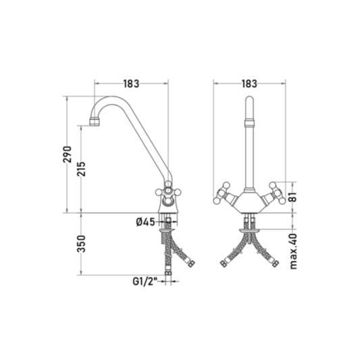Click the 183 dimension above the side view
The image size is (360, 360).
(131, 84)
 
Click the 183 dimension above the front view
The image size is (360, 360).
(249, 84)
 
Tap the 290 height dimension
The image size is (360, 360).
(68, 154)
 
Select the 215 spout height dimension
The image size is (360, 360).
(81, 169)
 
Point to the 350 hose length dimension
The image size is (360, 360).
(81, 244)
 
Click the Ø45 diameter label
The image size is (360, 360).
(145, 222)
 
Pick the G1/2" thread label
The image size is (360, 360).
(145, 282)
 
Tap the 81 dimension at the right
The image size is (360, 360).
(293, 197)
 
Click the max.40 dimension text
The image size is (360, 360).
(293, 251)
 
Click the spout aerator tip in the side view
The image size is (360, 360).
(95, 122)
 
